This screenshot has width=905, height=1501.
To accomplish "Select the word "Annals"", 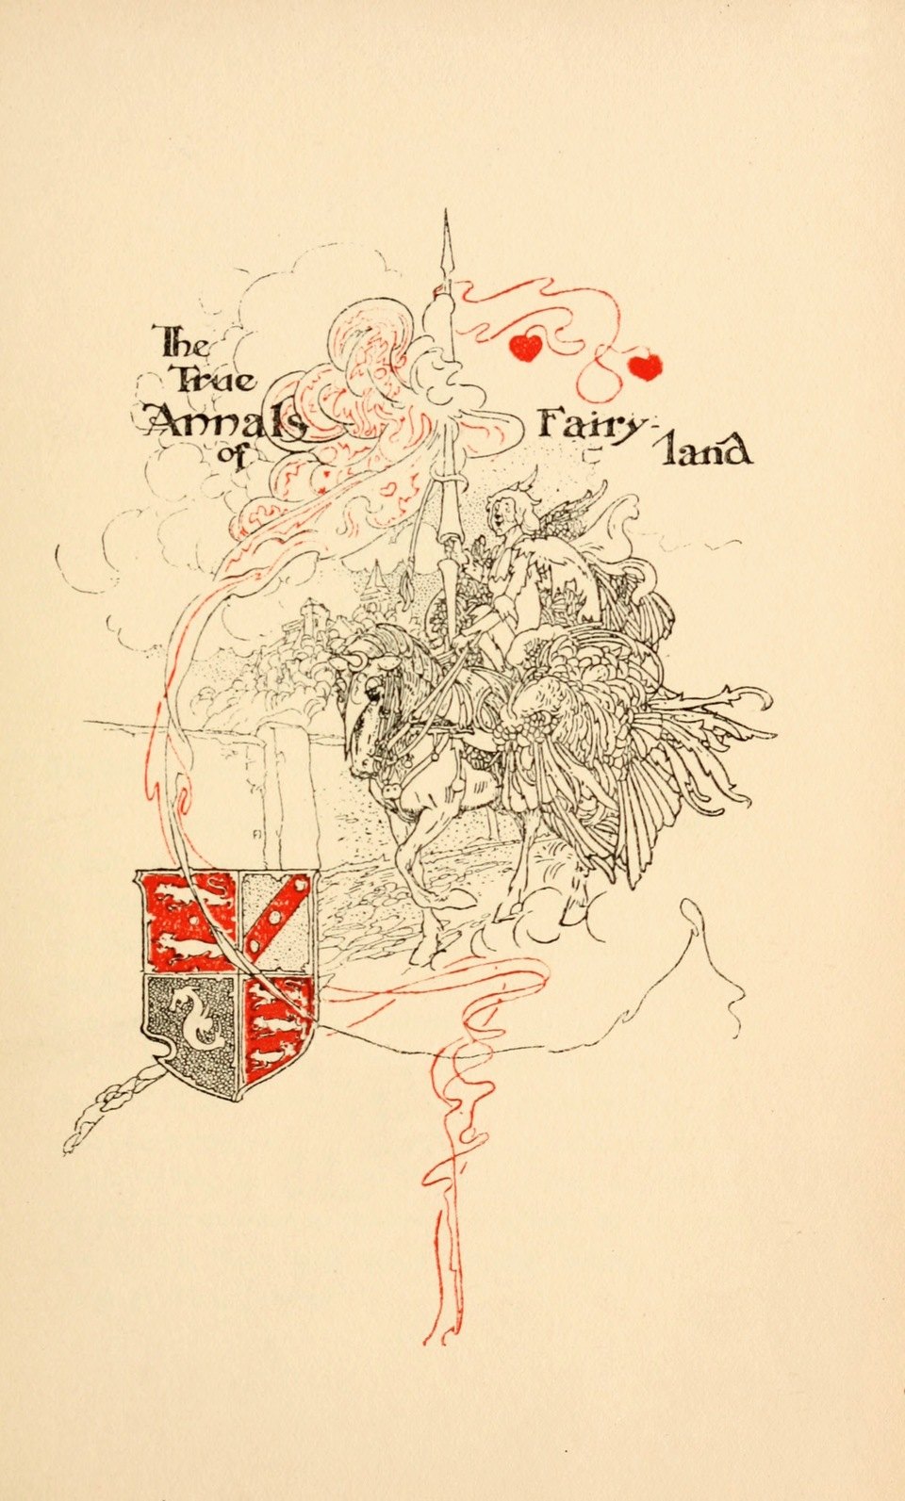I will click(x=224, y=421).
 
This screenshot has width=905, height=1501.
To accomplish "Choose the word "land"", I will click(x=705, y=452).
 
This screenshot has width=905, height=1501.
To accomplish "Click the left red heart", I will click(x=526, y=348).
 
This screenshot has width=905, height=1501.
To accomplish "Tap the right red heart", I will click(x=646, y=367).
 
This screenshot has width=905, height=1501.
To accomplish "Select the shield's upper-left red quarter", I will click(x=189, y=922).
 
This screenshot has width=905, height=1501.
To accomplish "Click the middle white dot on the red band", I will click(x=274, y=918).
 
